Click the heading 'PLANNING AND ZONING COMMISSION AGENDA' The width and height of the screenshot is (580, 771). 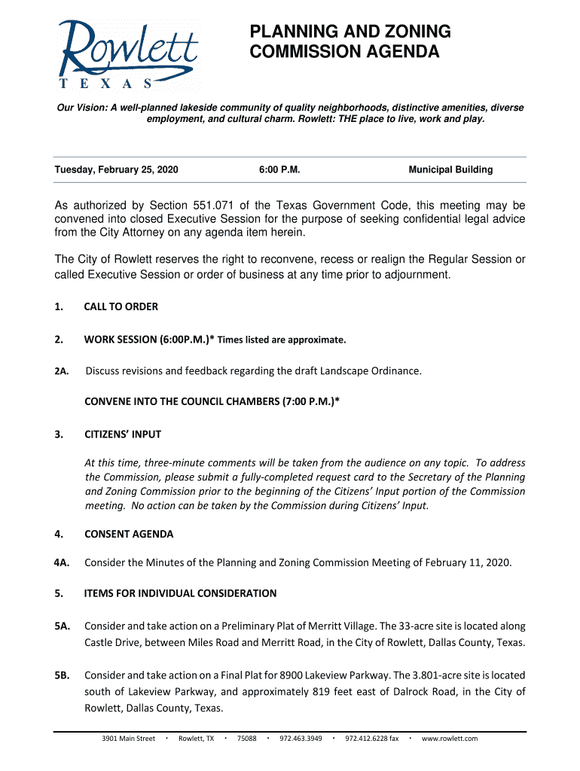tap(350, 42)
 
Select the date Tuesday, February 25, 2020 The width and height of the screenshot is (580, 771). tap(116, 170)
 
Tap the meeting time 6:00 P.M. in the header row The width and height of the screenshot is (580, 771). tap(279, 170)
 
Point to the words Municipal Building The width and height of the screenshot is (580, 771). tap(450, 170)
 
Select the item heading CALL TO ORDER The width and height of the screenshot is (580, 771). tap(121, 307)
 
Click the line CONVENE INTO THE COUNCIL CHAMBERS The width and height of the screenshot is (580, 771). tap(212, 402)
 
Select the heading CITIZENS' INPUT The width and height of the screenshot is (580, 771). tap(122, 435)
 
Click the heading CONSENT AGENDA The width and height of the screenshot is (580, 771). tap(129, 535)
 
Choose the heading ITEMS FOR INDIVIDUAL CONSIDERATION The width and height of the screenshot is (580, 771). tap(180, 594)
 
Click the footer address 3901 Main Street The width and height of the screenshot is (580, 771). tap(129, 739)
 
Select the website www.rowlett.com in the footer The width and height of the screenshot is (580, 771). tap(450, 739)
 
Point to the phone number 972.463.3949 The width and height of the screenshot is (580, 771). tap(301, 739)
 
